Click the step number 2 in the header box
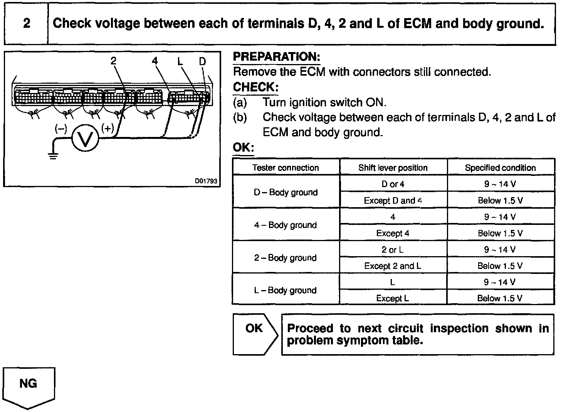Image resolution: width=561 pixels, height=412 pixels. pyautogui.click(x=26, y=23)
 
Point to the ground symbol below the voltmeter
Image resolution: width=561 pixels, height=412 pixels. pyautogui.click(x=53, y=155)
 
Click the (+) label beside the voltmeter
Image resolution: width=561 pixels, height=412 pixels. pyautogui.click(x=107, y=128)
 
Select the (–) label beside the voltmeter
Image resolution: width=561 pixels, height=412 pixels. pyautogui.click(x=61, y=128)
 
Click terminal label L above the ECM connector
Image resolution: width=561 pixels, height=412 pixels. pyautogui.click(x=180, y=61)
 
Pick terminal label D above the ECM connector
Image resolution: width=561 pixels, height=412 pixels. pyautogui.click(x=203, y=61)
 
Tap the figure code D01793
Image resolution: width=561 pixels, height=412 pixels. pyautogui.click(x=206, y=181)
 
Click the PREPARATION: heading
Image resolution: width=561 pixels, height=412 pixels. pyautogui.click(x=277, y=57)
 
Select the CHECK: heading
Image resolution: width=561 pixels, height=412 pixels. pyautogui.click(x=255, y=87)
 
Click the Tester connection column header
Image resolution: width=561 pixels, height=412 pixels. pyautogui.click(x=286, y=168)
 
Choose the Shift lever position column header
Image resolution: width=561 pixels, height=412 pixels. pyautogui.click(x=393, y=168)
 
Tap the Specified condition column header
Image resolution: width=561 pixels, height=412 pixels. pyautogui.click(x=500, y=168)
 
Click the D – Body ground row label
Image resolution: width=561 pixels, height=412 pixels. pyautogui.click(x=286, y=192)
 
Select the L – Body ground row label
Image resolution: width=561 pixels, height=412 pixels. pyautogui.click(x=285, y=290)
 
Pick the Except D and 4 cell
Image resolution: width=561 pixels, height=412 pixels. pyautogui.click(x=393, y=201)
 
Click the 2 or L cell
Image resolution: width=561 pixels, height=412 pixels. pyautogui.click(x=393, y=250)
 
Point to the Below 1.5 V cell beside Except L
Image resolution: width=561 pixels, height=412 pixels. pyautogui.click(x=500, y=298)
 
